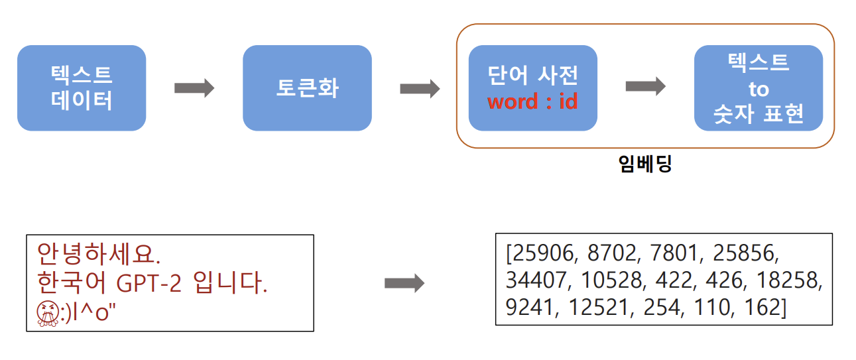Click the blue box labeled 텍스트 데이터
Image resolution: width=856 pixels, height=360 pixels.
click(x=81, y=88)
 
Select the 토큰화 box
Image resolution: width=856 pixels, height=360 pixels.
click(x=307, y=88)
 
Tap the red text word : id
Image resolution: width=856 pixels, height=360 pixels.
click(x=532, y=101)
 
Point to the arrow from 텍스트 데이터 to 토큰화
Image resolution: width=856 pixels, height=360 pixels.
click(x=194, y=88)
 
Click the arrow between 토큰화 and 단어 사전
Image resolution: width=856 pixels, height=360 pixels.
click(x=420, y=88)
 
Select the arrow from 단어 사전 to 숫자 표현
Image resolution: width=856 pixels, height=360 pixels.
click(x=645, y=86)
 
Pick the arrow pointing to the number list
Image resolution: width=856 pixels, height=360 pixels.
click(x=404, y=284)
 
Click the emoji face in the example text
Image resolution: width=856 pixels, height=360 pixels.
click(x=46, y=314)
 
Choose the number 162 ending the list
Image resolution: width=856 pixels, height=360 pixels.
click(x=768, y=308)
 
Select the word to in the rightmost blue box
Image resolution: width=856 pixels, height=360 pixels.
click(x=758, y=89)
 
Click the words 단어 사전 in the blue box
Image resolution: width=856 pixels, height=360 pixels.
click(x=532, y=75)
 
